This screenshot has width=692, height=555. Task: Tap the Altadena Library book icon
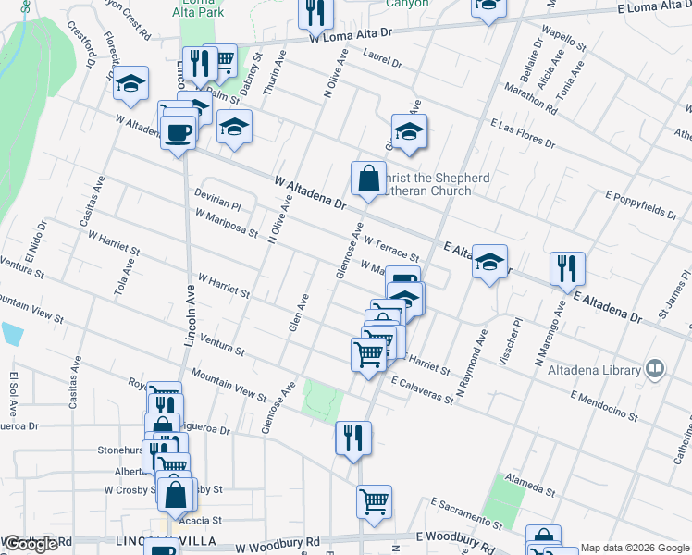coord(656,370)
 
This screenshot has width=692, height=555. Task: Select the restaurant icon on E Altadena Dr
coord(566,268)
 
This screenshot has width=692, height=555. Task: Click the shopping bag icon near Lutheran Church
coord(368,178)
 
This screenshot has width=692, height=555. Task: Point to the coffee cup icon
coord(178,132)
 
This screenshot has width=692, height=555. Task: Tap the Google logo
coord(31,544)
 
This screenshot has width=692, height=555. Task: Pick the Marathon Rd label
coord(530,98)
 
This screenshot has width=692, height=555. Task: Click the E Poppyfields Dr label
coord(641,203)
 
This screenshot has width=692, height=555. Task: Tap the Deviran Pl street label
coord(217,198)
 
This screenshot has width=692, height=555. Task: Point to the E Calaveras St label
coord(422,389)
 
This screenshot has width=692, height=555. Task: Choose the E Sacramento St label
coord(467,514)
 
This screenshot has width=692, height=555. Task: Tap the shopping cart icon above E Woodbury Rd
coord(374,502)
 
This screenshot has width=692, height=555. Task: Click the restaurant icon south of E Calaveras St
coord(352,438)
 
